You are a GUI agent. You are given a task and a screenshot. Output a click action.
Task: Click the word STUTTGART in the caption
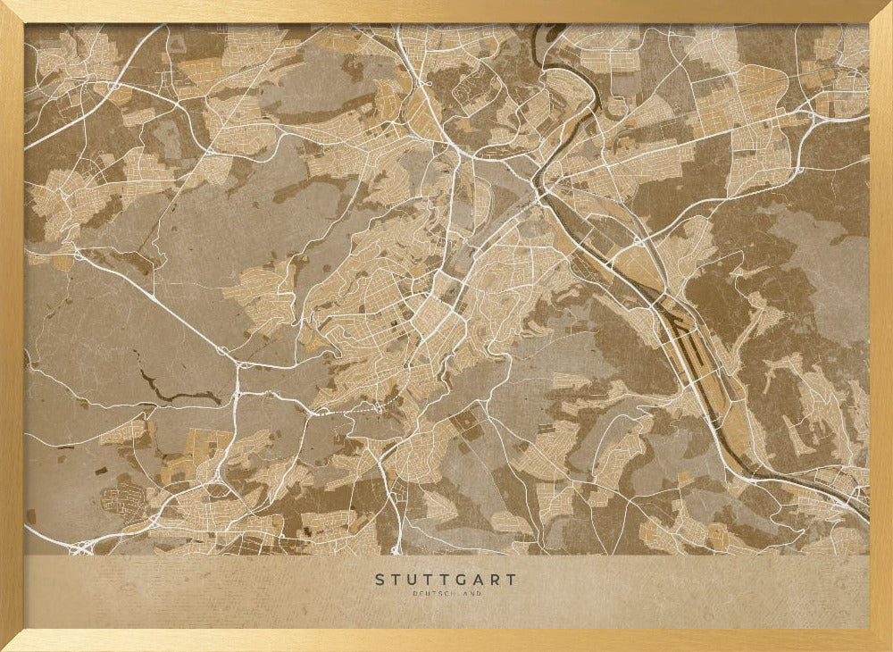tap(446, 580)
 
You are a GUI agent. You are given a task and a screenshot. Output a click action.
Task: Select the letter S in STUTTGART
tap(380, 580)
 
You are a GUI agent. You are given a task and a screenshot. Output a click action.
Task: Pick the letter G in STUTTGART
tap(462, 580)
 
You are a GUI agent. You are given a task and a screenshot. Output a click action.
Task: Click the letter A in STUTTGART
tap(479, 580)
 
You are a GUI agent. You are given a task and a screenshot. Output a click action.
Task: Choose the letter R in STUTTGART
tap(495, 580)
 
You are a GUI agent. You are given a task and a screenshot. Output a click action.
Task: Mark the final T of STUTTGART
tap(511, 580)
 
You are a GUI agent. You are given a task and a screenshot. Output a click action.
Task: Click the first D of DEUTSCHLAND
tap(415, 593)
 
